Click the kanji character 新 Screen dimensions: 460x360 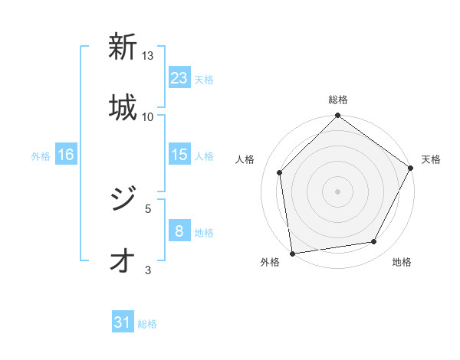(x=123, y=47)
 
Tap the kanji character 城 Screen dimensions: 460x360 (x=123, y=106)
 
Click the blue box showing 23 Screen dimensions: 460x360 (x=179, y=78)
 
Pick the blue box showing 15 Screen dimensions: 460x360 (x=179, y=155)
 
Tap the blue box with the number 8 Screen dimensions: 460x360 (x=179, y=231)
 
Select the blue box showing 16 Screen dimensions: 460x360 (x=66, y=155)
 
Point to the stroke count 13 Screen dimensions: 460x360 (x=148, y=56)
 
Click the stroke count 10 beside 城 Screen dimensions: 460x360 (x=147, y=116)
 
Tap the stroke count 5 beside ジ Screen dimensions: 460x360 (x=148, y=208)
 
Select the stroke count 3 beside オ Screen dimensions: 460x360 (x=148, y=270)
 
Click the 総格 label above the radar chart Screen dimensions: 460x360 (x=337, y=100)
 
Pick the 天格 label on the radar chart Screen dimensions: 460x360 (x=431, y=159)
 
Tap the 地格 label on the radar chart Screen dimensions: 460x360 (x=402, y=262)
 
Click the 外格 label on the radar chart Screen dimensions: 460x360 (x=270, y=262)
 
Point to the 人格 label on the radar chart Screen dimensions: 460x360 (x=245, y=159)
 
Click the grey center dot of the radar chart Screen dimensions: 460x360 (x=337, y=191)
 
